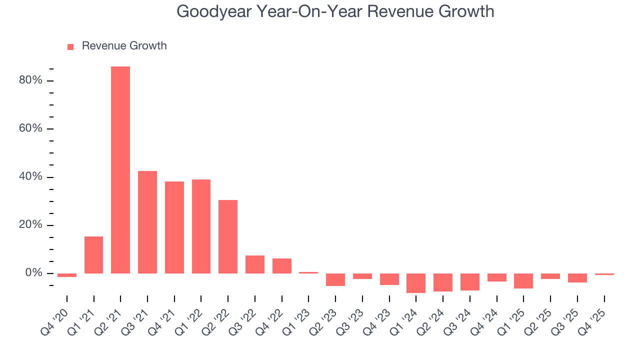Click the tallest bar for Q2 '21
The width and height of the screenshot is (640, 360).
pos(120,170)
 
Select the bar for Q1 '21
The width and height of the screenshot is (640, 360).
pos(93,255)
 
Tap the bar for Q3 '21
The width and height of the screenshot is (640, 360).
pos(147,222)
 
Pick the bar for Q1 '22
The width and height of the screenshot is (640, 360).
pos(201,226)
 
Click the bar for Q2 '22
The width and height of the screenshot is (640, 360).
pos(228,236)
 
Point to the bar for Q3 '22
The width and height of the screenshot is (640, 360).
pos(255,264)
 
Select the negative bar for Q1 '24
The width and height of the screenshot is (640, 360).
pos(416,283)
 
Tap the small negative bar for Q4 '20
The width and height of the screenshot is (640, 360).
pos(67,275)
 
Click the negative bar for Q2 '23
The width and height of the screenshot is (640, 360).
pos(335,279)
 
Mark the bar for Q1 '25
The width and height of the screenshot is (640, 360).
pos(523,281)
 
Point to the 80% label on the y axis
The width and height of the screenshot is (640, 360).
pos(31,80)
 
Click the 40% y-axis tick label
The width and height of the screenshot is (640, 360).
pos(31,177)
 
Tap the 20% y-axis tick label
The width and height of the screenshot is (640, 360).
pos(31,225)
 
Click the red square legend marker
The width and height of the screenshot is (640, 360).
pos(70,46)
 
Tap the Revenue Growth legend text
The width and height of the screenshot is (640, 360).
pos(124,46)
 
